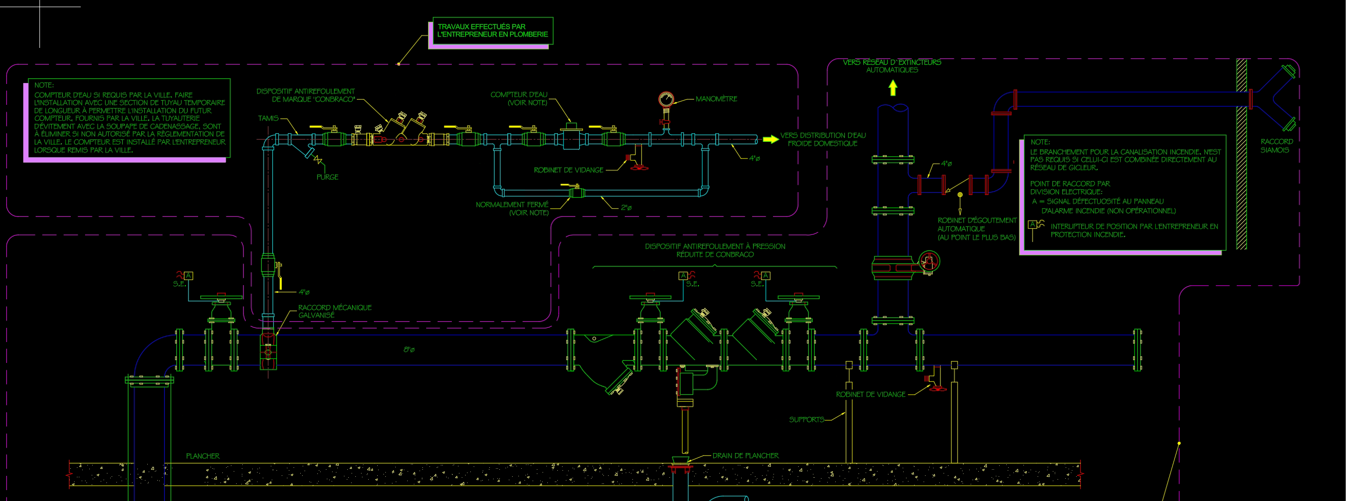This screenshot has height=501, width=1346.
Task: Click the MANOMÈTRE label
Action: coord(716,99)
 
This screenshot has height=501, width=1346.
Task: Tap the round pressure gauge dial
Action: coord(666,99)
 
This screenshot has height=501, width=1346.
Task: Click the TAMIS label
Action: coord(268,119)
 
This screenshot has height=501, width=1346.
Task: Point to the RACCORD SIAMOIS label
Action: coord(1277,146)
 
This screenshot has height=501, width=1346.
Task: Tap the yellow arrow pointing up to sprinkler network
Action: coord(893,87)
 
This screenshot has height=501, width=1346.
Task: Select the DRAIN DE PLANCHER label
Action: coord(745,455)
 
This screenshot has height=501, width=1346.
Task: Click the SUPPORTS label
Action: coord(806,419)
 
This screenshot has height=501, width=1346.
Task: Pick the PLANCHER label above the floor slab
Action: coord(203,456)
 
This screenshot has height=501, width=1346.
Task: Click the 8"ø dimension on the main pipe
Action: coord(409,350)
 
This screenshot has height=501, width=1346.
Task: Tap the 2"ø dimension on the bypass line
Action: coord(626,208)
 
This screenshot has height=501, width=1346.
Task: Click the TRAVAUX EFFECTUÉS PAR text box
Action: coord(492,30)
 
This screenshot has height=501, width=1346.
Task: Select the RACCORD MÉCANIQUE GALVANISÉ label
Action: coord(334,311)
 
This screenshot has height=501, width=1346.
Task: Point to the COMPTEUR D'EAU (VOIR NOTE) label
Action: coord(519,99)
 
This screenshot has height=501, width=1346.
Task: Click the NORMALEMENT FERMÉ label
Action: coord(512,208)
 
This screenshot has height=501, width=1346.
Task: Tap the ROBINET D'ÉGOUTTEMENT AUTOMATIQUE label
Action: coord(976,229)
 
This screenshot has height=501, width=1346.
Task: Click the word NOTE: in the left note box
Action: coord(44,85)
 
